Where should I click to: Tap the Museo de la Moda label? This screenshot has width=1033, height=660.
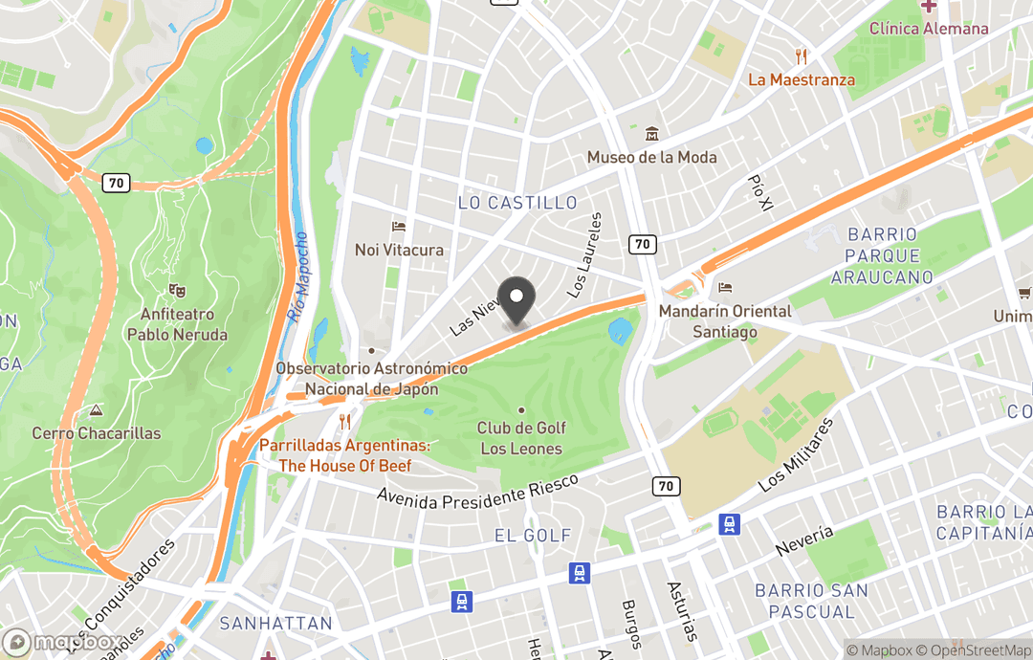tap(651, 157)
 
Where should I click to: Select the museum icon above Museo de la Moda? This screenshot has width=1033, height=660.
tap(651, 133)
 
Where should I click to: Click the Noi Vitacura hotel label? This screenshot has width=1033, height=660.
tap(399, 250)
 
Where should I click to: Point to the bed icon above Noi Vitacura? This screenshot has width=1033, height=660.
tap(399, 227)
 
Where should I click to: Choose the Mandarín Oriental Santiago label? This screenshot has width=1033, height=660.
tap(725, 321)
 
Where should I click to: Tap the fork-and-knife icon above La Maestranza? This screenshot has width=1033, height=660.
tap(802, 56)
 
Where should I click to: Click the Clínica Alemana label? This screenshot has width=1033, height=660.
tap(928, 29)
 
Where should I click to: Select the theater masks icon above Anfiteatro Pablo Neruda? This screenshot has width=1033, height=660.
tap(177, 289)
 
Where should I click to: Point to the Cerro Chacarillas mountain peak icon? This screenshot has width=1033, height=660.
tap(96, 410)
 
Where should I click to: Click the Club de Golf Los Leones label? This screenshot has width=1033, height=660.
tap(521, 438)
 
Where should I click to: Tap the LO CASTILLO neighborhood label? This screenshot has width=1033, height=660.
tap(517, 203)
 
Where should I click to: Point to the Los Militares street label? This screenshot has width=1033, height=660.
tap(796, 454)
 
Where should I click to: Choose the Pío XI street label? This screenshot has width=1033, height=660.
tap(760, 192)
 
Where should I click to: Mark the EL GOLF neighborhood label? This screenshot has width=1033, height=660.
tap(533, 536)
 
